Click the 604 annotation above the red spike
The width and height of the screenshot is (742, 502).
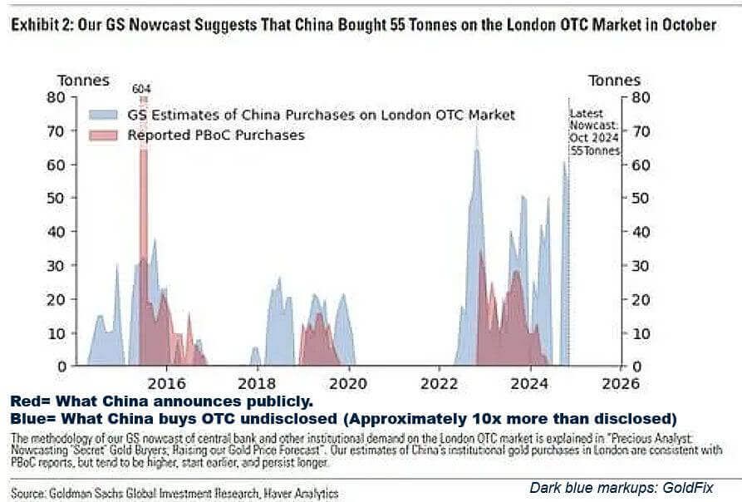tap(143, 89)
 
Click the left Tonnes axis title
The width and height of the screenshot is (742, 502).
tap(83, 81)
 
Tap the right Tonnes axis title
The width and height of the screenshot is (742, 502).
tap(614, 81)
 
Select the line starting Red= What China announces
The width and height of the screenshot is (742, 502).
tap(162, 400)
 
